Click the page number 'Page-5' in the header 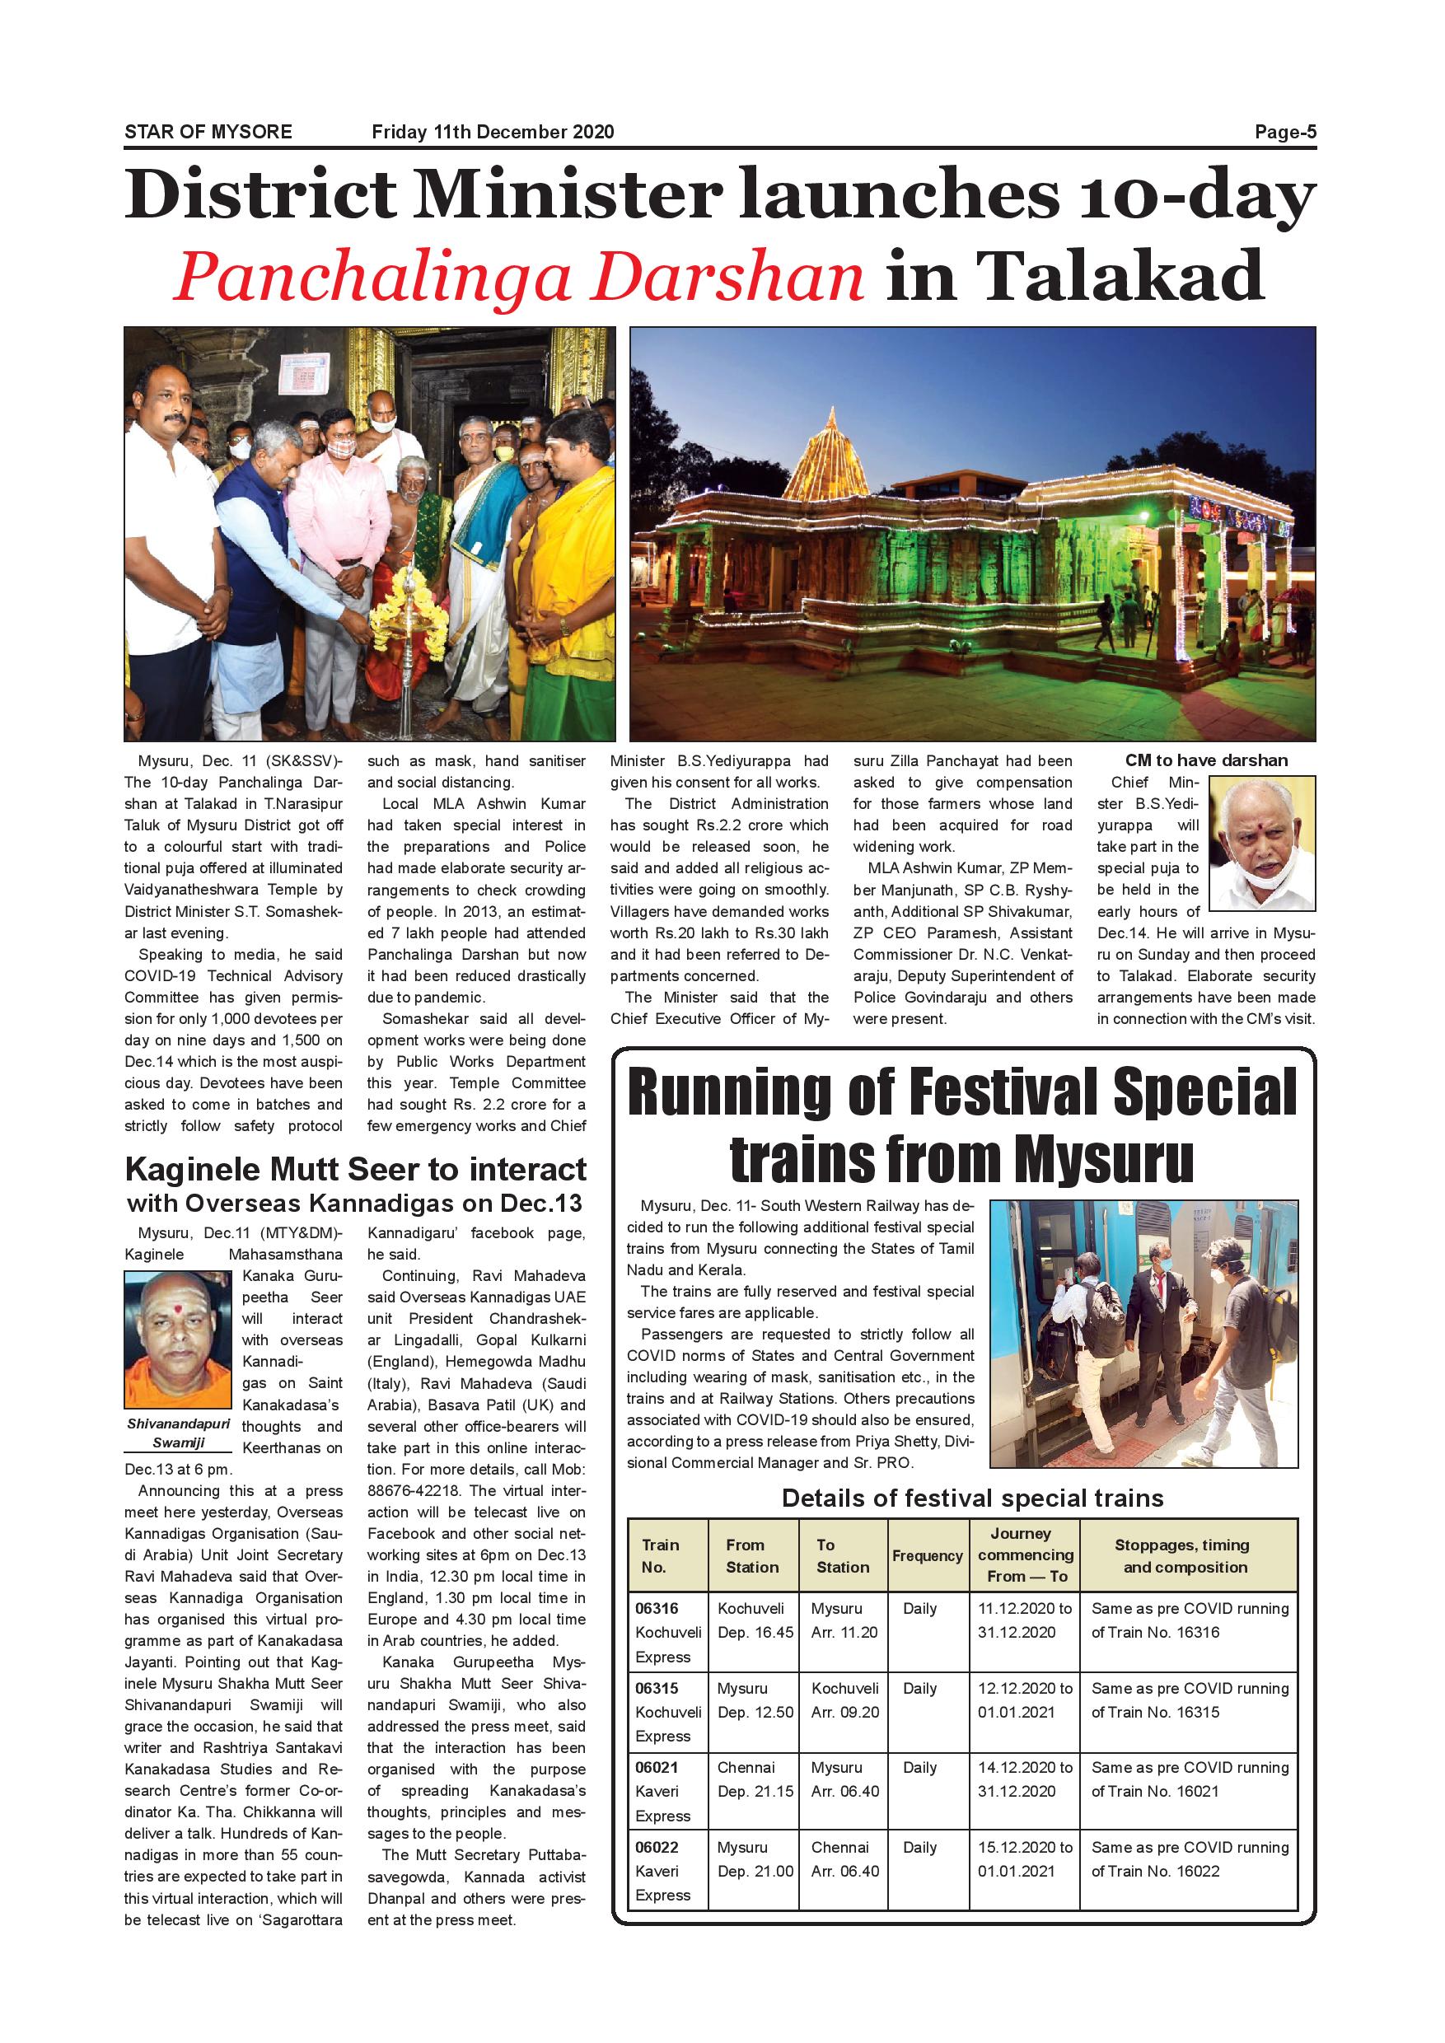tap(1284, 132)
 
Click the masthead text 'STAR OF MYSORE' tap(208, 132)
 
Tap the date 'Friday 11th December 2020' tap(492, 132)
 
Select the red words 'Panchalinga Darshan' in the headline tap(518, 277)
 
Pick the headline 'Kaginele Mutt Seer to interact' tap(355, 1168)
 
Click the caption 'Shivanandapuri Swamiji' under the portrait tap(178, 1433)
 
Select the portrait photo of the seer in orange tap(178, 1339)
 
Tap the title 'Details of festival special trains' tap(971, 1498)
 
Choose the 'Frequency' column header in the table tap(927, 1555)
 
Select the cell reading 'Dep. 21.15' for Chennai tap(755, 1791)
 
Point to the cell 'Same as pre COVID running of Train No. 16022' tap(1189, 1858)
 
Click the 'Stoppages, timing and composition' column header tap(1185, 1555)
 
